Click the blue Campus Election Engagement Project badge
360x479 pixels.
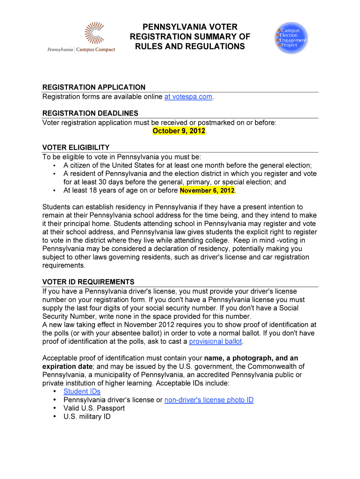tap(292, 37)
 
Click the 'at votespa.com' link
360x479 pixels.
tap(188, 97)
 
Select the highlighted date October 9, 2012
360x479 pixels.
tap(179, 131)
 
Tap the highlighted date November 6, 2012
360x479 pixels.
tap(207, 191)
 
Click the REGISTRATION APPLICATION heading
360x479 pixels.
tap(94, 87)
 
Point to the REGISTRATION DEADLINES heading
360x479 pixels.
tap(90, 113)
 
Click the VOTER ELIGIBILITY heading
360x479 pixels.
tap(76, 148)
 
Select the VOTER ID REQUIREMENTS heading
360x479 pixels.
tap(88, 282)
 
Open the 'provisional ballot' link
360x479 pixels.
tap(216, 341)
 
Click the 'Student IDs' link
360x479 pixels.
tap(82, 392)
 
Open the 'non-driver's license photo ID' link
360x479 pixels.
tap(209, 400)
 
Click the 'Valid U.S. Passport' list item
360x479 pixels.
tap(94, 408)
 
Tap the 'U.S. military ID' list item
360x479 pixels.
tap(87, 417)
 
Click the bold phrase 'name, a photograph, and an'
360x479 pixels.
tap(251, 358)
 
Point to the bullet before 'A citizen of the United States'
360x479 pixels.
tap(55, 166)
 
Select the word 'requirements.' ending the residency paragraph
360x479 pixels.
tap(64, 266)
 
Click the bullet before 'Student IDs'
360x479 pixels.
tap(55, 392)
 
